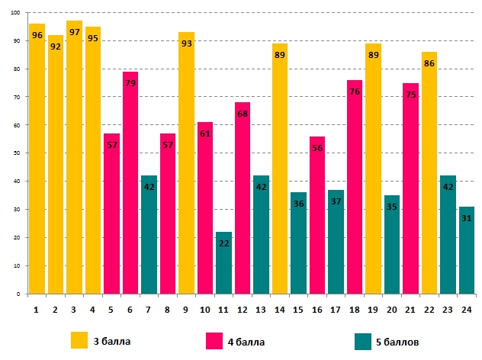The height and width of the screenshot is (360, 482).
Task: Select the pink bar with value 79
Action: coord(130,183)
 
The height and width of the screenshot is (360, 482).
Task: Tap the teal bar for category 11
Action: coord(223,263)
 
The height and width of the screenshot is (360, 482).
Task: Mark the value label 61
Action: coord(205,134)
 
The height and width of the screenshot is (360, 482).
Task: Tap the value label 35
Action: coord(391,207)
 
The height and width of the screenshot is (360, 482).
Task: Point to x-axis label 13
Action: coord(261,309)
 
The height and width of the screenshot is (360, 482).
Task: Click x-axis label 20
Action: coord(391,309)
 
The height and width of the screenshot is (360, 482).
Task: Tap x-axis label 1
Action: coord(37,309)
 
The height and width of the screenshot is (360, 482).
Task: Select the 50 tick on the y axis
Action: coord(16,153)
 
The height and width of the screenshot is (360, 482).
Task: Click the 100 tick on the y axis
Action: coord(14,13)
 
